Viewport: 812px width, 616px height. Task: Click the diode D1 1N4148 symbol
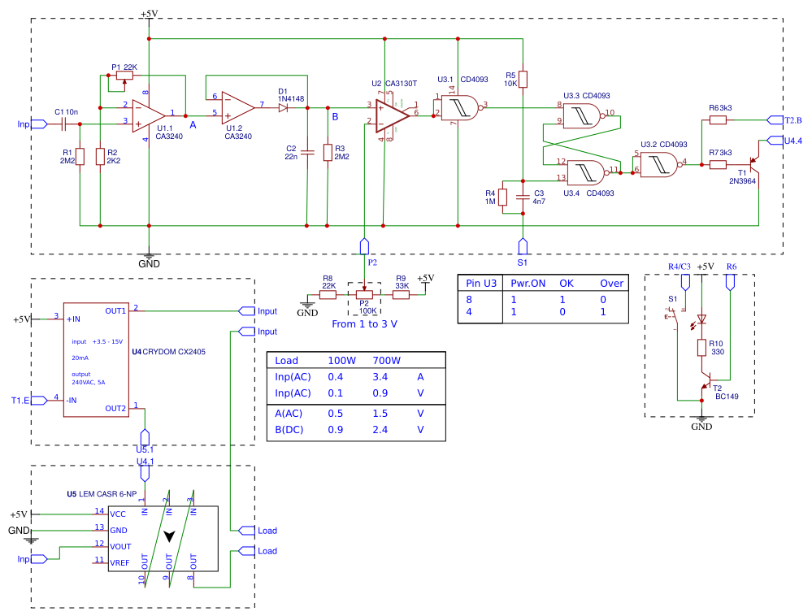click(x=284, y=107)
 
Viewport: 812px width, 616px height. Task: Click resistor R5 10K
click(x=523, y=79)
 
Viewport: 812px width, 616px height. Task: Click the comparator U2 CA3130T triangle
click(x=393, y=115)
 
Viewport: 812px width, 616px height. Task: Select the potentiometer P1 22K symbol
click(x=124, y=76)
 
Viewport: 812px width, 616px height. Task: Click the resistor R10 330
click(x=701, y=348)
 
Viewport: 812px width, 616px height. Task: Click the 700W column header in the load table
click(x=386, y=360)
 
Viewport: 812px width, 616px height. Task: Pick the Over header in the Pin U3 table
click(x=611, y=284)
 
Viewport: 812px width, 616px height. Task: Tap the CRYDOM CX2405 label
click(x=177, y=351)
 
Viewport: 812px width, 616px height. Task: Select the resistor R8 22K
click(x=328, y=295)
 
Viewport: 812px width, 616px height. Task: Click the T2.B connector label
click(x=793, y=120)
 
